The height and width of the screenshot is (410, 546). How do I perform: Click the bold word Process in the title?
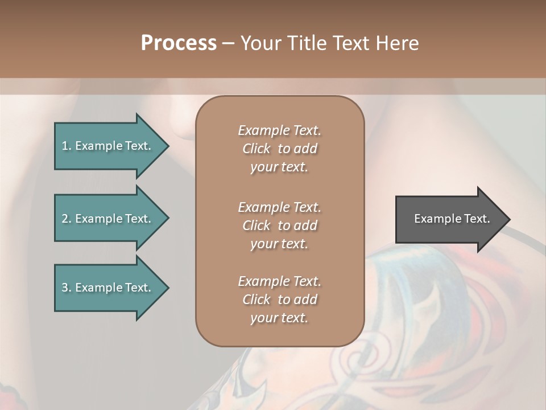tap(179, 43)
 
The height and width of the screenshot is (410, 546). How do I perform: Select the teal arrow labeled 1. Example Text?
tap(108, 146)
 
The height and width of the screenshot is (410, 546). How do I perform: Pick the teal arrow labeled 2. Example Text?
tap(108, 219)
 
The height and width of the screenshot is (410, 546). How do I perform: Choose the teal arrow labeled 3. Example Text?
tap(108, 288)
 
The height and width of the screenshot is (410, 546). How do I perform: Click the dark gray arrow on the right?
tap(449, 219)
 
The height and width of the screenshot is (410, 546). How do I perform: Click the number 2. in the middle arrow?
tap(67, 219)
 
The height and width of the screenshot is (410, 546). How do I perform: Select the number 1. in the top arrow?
tap(67, 146)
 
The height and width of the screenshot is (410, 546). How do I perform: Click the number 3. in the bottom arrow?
tap(67, 288)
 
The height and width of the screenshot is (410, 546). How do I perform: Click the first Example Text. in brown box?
tap(279, 130)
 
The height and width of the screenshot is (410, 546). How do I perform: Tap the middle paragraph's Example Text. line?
tap(279, 207)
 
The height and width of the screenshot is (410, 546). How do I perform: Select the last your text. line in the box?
tap(279, 318)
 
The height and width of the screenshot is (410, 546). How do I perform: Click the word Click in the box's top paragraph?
tap(256, 149)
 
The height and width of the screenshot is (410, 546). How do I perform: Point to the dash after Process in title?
tap(228, 44)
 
